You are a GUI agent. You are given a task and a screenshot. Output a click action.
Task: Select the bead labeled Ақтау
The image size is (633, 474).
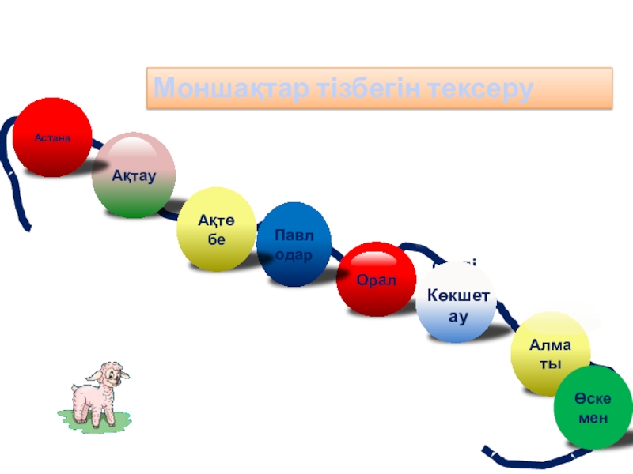coord(133,175)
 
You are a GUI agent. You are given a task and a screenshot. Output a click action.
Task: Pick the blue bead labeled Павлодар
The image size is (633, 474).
coord(294,245)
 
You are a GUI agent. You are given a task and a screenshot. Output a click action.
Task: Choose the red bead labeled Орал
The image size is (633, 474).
coord(376,279)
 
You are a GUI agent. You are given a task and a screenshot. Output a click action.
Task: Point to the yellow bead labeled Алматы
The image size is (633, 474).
coord(551,352)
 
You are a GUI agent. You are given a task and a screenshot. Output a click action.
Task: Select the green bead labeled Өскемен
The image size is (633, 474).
coord(593,408)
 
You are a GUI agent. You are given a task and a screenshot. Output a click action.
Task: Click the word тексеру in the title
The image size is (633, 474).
coord(479,88)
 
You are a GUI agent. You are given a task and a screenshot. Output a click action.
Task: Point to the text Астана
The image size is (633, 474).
coord(52,137)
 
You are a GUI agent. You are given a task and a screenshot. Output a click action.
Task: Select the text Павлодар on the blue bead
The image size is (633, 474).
coord(294,246)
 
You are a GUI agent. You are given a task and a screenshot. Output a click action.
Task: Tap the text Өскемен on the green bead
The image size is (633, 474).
coord(593,408)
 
